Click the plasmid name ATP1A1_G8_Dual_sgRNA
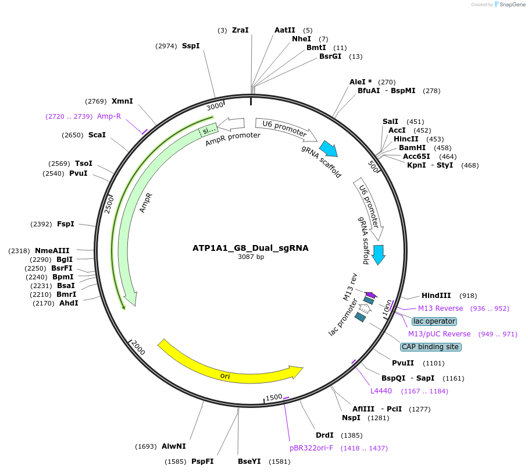click(251, 248)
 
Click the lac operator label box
click(434, 321)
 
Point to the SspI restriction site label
click(191, 45)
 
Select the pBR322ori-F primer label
click(312, 448)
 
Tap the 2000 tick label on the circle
click(138, 348)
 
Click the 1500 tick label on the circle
click(274, 397)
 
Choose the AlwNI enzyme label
click(174, 446)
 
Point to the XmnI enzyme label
click(122, 101)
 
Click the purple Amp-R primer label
click(109, 116)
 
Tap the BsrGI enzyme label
click(330, 56)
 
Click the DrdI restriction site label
click(324, 435)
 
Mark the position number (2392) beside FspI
click(41, 224)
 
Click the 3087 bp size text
click(251, 257)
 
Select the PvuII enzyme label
click(403, 363)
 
